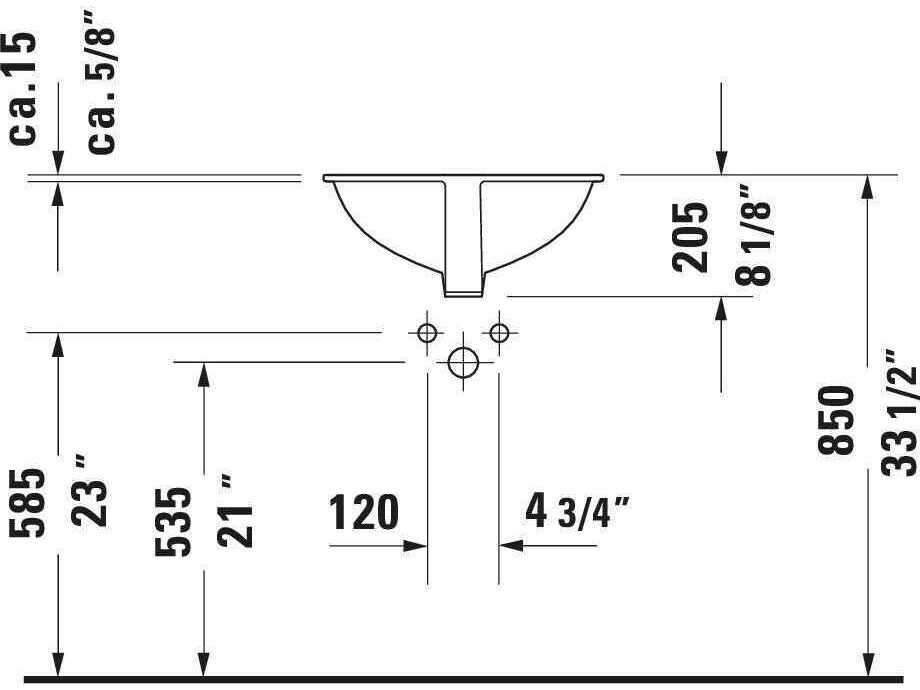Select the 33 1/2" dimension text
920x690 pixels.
pos(899,412)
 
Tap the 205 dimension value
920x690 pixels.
pos(691,237)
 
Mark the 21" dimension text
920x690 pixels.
pos(238,511)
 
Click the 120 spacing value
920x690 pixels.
pos(364,512)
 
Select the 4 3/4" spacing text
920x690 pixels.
pos(576,512)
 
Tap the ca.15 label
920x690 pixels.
pos(24,88)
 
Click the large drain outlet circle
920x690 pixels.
pos(463,362)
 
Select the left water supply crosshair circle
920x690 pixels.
pos(427,333)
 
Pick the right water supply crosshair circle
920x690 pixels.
pos(498,332)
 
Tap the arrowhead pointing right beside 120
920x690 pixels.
pos(416,546)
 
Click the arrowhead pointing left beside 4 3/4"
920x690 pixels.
pos(511,546)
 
